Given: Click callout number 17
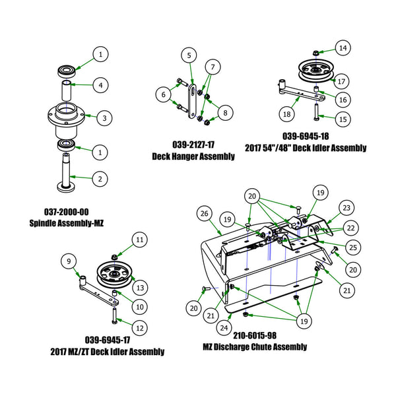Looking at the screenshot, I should (x=341, y=82).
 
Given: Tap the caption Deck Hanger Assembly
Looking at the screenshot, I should (x=193, y=156).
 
